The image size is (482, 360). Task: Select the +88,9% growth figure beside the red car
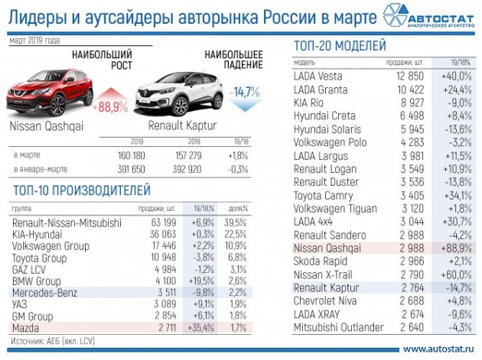pos(111,107)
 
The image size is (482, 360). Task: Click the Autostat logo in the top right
pos(431,17)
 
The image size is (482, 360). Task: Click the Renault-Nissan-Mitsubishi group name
pos(67,222)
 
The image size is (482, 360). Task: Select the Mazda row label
pos(28,328)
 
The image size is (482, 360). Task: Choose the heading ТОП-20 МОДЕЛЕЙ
pos(340,46)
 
